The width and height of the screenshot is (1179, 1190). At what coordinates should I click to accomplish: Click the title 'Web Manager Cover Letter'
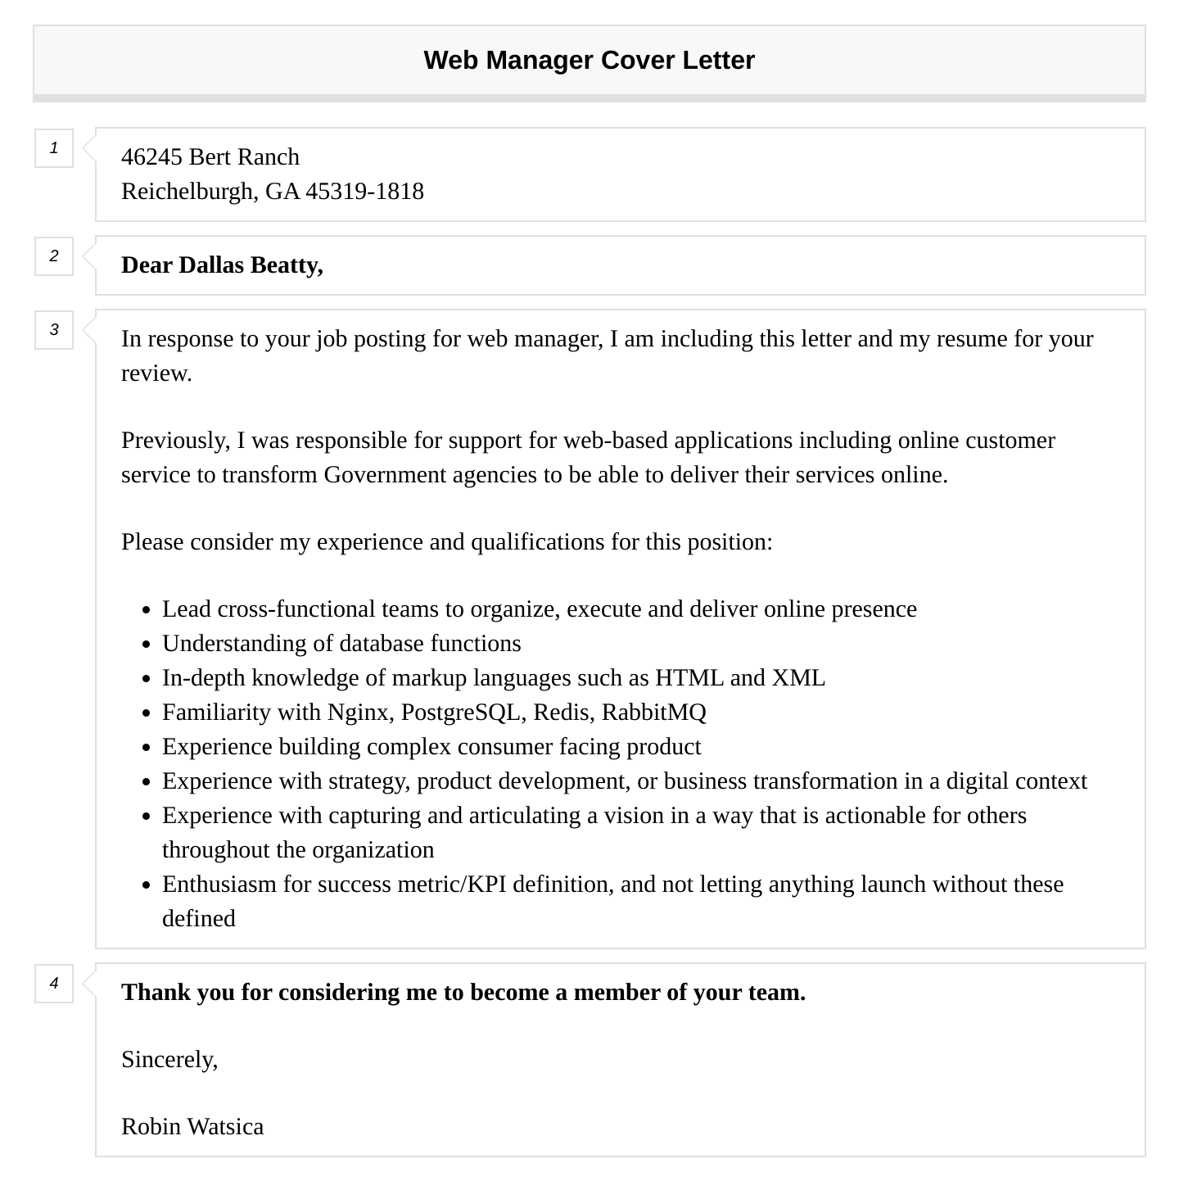(x=589, y=61)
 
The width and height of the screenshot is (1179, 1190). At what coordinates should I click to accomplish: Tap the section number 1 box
(x=54, y=148)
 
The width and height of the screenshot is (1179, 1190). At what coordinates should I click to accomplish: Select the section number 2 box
(x=54, y=256)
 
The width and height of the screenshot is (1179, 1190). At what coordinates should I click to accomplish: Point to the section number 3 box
(x=54, y=330)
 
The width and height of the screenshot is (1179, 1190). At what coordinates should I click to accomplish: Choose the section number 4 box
(x=54, y=984)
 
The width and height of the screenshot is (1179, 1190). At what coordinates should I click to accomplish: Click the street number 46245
(x=151, y=157)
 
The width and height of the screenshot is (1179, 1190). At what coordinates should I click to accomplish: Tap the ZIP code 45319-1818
(x=364, y=192)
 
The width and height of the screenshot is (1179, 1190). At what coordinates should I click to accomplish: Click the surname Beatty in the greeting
(x=287, y=265)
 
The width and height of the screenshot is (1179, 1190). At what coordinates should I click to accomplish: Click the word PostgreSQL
(x=461, y=713)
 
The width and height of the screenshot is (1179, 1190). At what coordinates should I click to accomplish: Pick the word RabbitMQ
(x=653, y=713)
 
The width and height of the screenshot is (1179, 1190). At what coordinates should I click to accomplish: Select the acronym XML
(x=798, y=678)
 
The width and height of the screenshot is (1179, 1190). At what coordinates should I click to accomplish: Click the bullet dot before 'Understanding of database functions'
(x=146, y=645)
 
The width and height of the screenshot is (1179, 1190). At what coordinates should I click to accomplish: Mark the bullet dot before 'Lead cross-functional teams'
(x=146, y=611)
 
